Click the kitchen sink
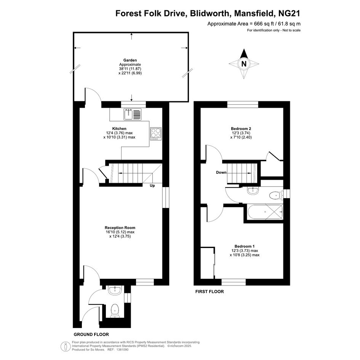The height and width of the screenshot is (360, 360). (133, 114)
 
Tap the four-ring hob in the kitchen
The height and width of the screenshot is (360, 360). (156, 134)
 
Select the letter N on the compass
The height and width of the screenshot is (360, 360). (244, 64)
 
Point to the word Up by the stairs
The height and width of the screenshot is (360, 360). (152, 186)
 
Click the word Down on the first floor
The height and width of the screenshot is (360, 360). (221, 173)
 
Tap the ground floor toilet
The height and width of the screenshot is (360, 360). (115, 310)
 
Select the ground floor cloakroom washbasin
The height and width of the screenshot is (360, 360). (115, 290)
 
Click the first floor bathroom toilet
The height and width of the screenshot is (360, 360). (275, 195)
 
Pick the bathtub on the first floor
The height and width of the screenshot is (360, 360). (265, 212)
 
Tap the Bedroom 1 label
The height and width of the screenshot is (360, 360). (245, 246)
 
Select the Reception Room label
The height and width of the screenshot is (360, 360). (120, 228)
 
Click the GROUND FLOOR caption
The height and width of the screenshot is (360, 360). (91, 334)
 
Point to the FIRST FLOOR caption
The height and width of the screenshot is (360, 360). (210, 291)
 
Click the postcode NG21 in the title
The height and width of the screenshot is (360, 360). (289, 13)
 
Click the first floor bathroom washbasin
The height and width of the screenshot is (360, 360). (253, 190)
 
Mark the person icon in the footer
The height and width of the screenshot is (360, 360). (66, 346)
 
